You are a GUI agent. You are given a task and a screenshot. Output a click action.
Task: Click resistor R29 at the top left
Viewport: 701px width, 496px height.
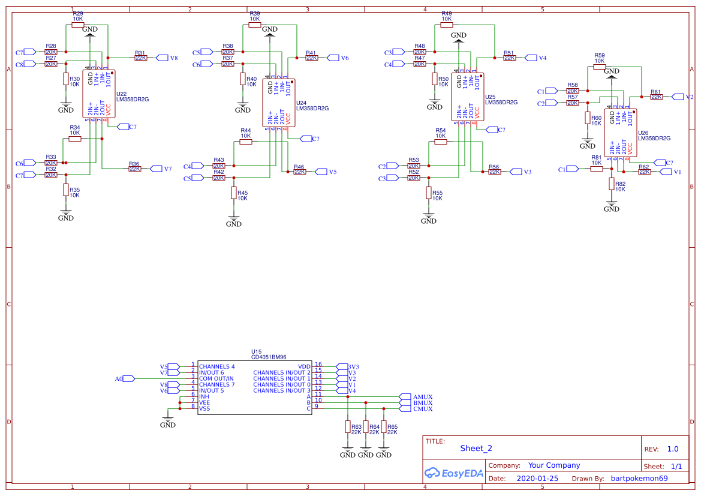78,25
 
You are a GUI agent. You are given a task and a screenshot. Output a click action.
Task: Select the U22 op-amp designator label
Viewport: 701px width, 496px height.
122,94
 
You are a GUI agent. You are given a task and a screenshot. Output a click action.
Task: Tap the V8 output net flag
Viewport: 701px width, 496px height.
163,58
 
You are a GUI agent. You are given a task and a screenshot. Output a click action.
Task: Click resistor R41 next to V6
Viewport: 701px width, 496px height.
311,58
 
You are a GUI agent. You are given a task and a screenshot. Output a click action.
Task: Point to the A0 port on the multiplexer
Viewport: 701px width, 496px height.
128,378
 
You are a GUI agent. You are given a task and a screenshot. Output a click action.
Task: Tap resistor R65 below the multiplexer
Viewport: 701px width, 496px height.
384,426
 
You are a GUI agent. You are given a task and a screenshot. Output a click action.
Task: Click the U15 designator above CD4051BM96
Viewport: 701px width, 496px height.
256,351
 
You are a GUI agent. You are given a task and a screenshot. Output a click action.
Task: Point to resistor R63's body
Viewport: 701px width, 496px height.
348,426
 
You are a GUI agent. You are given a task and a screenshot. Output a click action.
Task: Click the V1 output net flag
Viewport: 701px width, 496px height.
667,172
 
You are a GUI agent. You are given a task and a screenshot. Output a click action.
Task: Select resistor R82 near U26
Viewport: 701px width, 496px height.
612,184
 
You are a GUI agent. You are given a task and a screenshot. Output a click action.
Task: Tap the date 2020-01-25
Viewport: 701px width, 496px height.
537,479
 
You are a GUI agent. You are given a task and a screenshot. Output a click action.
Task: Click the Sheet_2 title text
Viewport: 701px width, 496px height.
476,448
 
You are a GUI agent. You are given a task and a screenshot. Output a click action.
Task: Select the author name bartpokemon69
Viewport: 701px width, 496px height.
639,479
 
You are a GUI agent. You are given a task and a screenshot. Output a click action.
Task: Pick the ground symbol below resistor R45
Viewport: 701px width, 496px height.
234,220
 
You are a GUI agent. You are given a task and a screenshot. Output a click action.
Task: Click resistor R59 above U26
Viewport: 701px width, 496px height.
600,67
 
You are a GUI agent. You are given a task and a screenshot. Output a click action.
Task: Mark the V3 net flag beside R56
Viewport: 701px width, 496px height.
518,172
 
